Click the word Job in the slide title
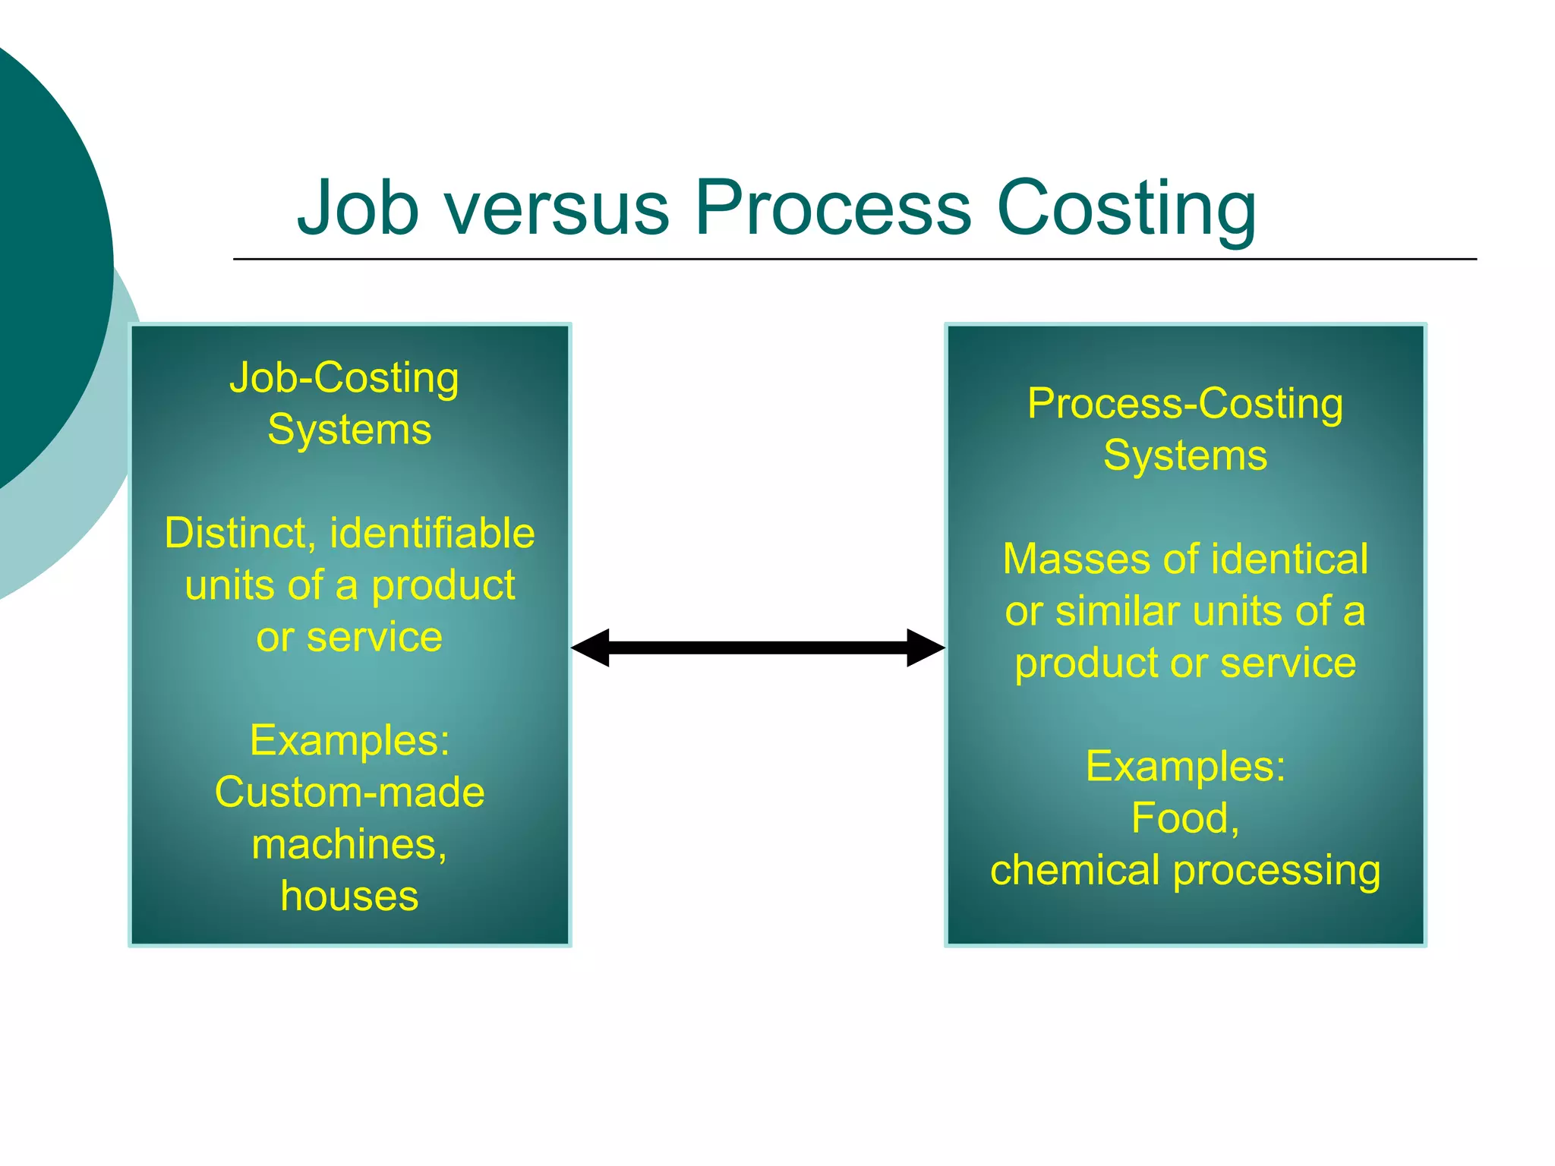(358, 207)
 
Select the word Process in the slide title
(833, 207)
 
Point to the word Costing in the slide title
(1126, 209)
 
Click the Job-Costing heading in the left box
(344, 378)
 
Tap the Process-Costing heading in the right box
(1184, 404)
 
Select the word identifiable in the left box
(432, 533)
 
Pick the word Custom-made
(349, 793)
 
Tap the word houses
(349, 896)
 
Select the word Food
(1183, 818)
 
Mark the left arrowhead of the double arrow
(591, 648)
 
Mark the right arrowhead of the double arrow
(924, 648)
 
